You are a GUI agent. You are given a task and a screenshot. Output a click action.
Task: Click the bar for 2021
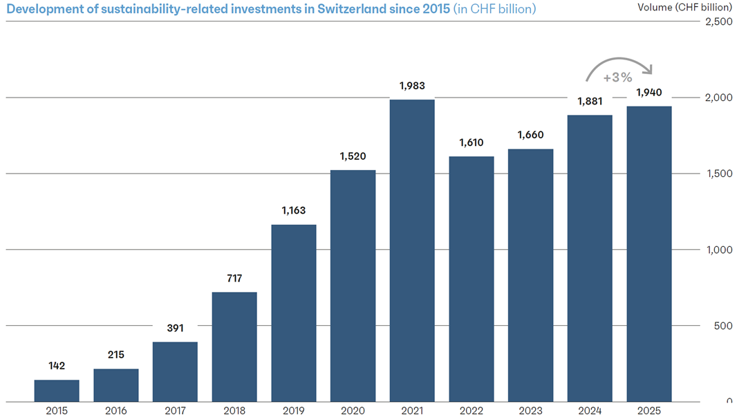coord(412,250)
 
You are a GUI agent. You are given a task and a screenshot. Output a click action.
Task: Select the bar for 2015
coord(57,391)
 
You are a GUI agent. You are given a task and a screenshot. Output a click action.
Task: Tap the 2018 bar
coord(234,347)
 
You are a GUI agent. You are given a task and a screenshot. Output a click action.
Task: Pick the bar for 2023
coord(531,275)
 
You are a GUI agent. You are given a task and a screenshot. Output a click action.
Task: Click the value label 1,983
coord(412,86)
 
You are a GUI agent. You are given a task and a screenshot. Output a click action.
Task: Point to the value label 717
coord(234,278)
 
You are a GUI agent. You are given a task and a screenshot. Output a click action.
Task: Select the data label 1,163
coord(294,210)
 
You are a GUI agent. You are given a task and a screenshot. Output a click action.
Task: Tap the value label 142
coord(57,366)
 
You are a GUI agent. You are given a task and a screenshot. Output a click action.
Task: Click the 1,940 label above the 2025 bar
coord(649,93)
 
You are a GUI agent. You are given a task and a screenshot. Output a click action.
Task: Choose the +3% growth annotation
coord(617,77)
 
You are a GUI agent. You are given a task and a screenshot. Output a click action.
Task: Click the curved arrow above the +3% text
coord(619,58)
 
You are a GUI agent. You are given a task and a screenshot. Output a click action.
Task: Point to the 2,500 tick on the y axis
coord(718,21)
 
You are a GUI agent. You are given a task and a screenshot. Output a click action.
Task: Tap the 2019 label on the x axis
coord(294,410)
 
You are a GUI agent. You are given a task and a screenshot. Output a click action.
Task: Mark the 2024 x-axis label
coord(590,410)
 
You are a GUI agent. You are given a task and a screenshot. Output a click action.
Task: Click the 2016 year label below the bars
coord(116,410)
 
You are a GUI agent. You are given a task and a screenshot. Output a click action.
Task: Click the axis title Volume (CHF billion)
coord(685,8)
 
